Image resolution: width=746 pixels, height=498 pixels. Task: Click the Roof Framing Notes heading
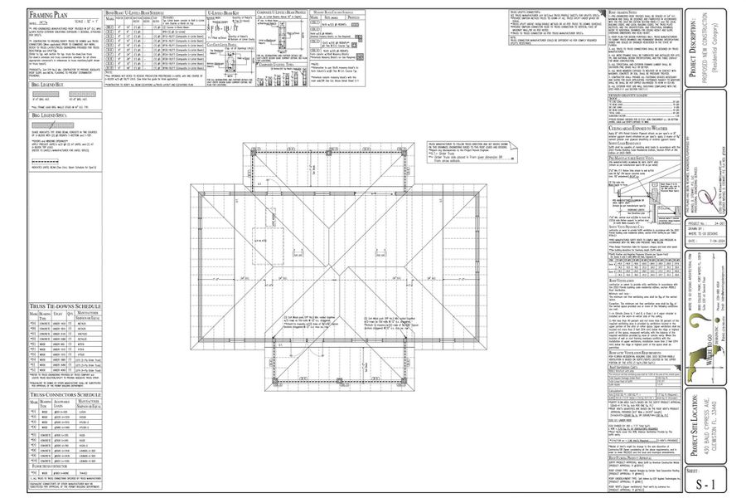point(622,12)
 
